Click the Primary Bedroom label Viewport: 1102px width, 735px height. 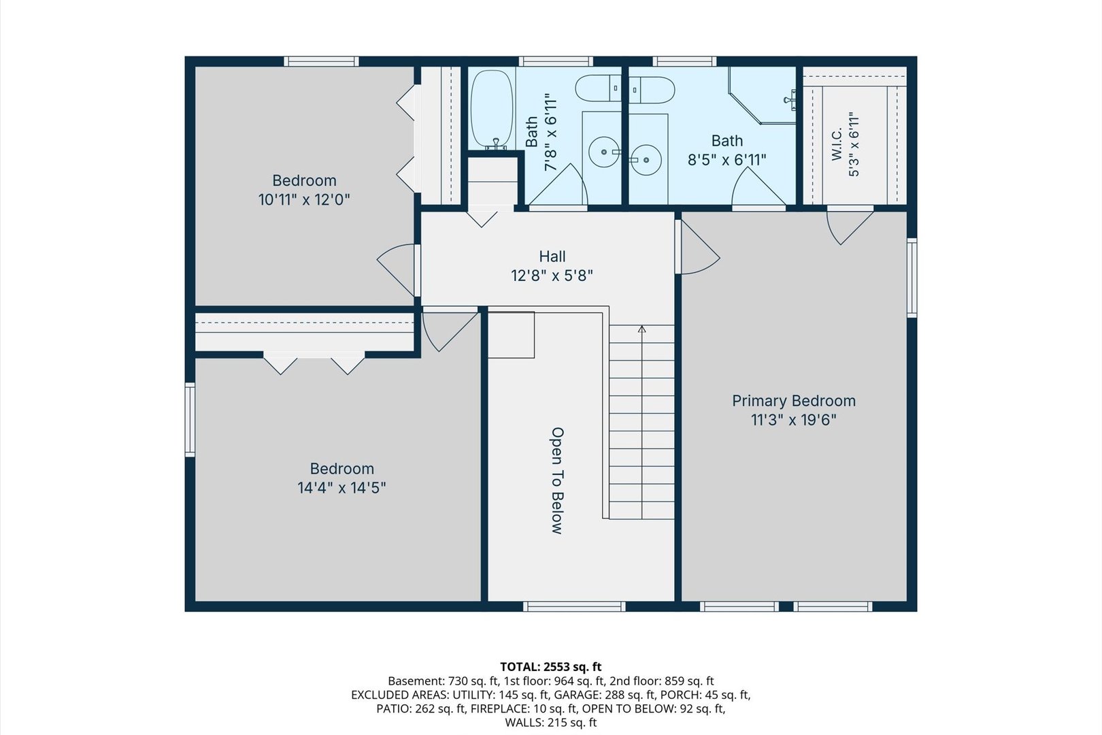pos(794,401)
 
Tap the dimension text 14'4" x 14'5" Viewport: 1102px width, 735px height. pos(341,488)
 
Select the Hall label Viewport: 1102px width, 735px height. pos(552,257)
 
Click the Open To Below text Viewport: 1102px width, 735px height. pos(557,480)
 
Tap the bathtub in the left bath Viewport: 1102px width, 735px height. pos(492,109)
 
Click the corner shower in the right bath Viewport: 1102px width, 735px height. pos(762,95)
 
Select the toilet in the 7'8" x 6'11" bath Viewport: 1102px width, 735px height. pos(599,88)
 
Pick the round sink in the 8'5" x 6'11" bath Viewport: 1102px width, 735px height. pos(646,160)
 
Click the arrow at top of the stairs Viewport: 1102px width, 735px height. pos(641,329)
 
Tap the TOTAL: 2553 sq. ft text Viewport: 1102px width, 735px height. pos(551,666)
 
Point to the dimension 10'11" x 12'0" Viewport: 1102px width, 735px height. pos(304,200)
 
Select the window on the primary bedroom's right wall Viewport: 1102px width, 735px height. pos(912,278)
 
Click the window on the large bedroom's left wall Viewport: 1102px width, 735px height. pos(190,420)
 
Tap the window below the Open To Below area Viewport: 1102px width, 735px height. pos(574,606)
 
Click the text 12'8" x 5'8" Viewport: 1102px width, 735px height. pos(552,276)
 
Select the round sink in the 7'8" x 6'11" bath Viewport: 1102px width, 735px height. pos(603,152)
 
